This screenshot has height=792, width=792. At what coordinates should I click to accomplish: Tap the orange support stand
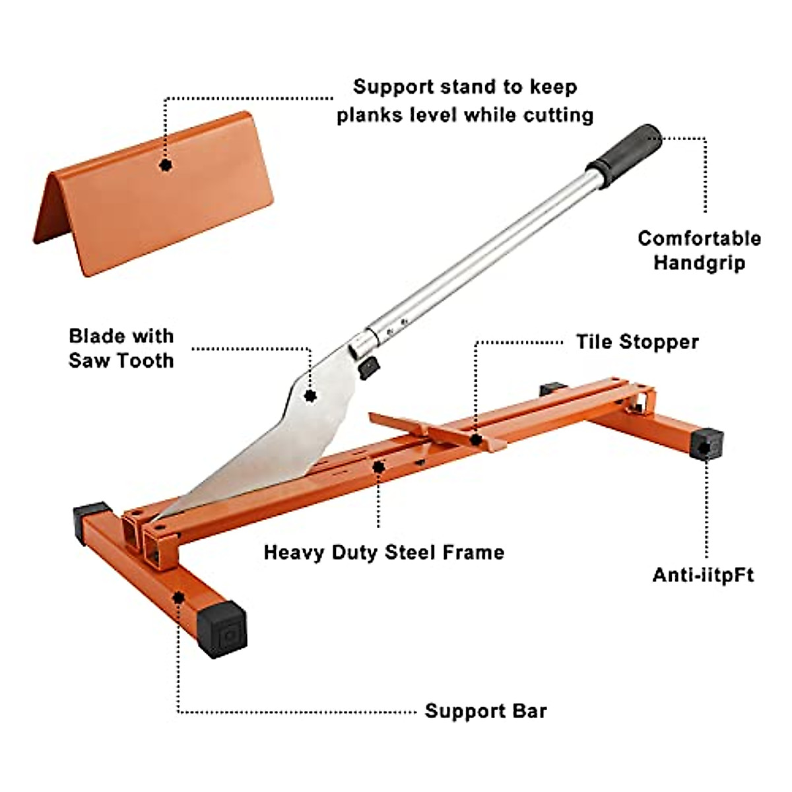pyautogui.click(x=158, y=198)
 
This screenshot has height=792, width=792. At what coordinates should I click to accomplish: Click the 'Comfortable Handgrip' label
pyautogui.click(x=699, y=250)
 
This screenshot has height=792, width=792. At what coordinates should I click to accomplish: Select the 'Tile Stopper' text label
pyautogui.click(x=637, y=342)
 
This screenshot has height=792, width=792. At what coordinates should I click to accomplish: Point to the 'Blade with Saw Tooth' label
pyautogui.click(x=121, y=348)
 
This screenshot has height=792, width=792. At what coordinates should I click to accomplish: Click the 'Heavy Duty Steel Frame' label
pyautogui.click(x=383, y=552)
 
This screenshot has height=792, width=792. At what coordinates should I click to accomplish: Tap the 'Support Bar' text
pyautogui.click(x=486, y=711)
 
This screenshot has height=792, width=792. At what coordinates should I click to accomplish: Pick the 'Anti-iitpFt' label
pyautogui.click(x=703, y=575)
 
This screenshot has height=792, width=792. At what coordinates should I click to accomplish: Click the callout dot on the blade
pyautogui.click(x=310, y=396)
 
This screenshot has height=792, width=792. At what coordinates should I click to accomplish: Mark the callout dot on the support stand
pyautogui.click(x=166, y=164)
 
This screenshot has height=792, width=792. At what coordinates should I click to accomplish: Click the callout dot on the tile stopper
pyautogui.click(x=475, y=439)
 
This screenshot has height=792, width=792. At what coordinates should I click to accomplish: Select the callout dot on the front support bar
pyautogui.click(x=178, y=598)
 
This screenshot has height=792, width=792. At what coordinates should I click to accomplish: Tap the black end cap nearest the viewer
pyautogui.click(x=223, y=629)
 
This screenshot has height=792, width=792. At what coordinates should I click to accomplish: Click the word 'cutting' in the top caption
pyautogui.click(x=558, y=115)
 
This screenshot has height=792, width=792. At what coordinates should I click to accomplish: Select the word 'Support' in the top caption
pyautogui.click(x=394, y=86)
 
